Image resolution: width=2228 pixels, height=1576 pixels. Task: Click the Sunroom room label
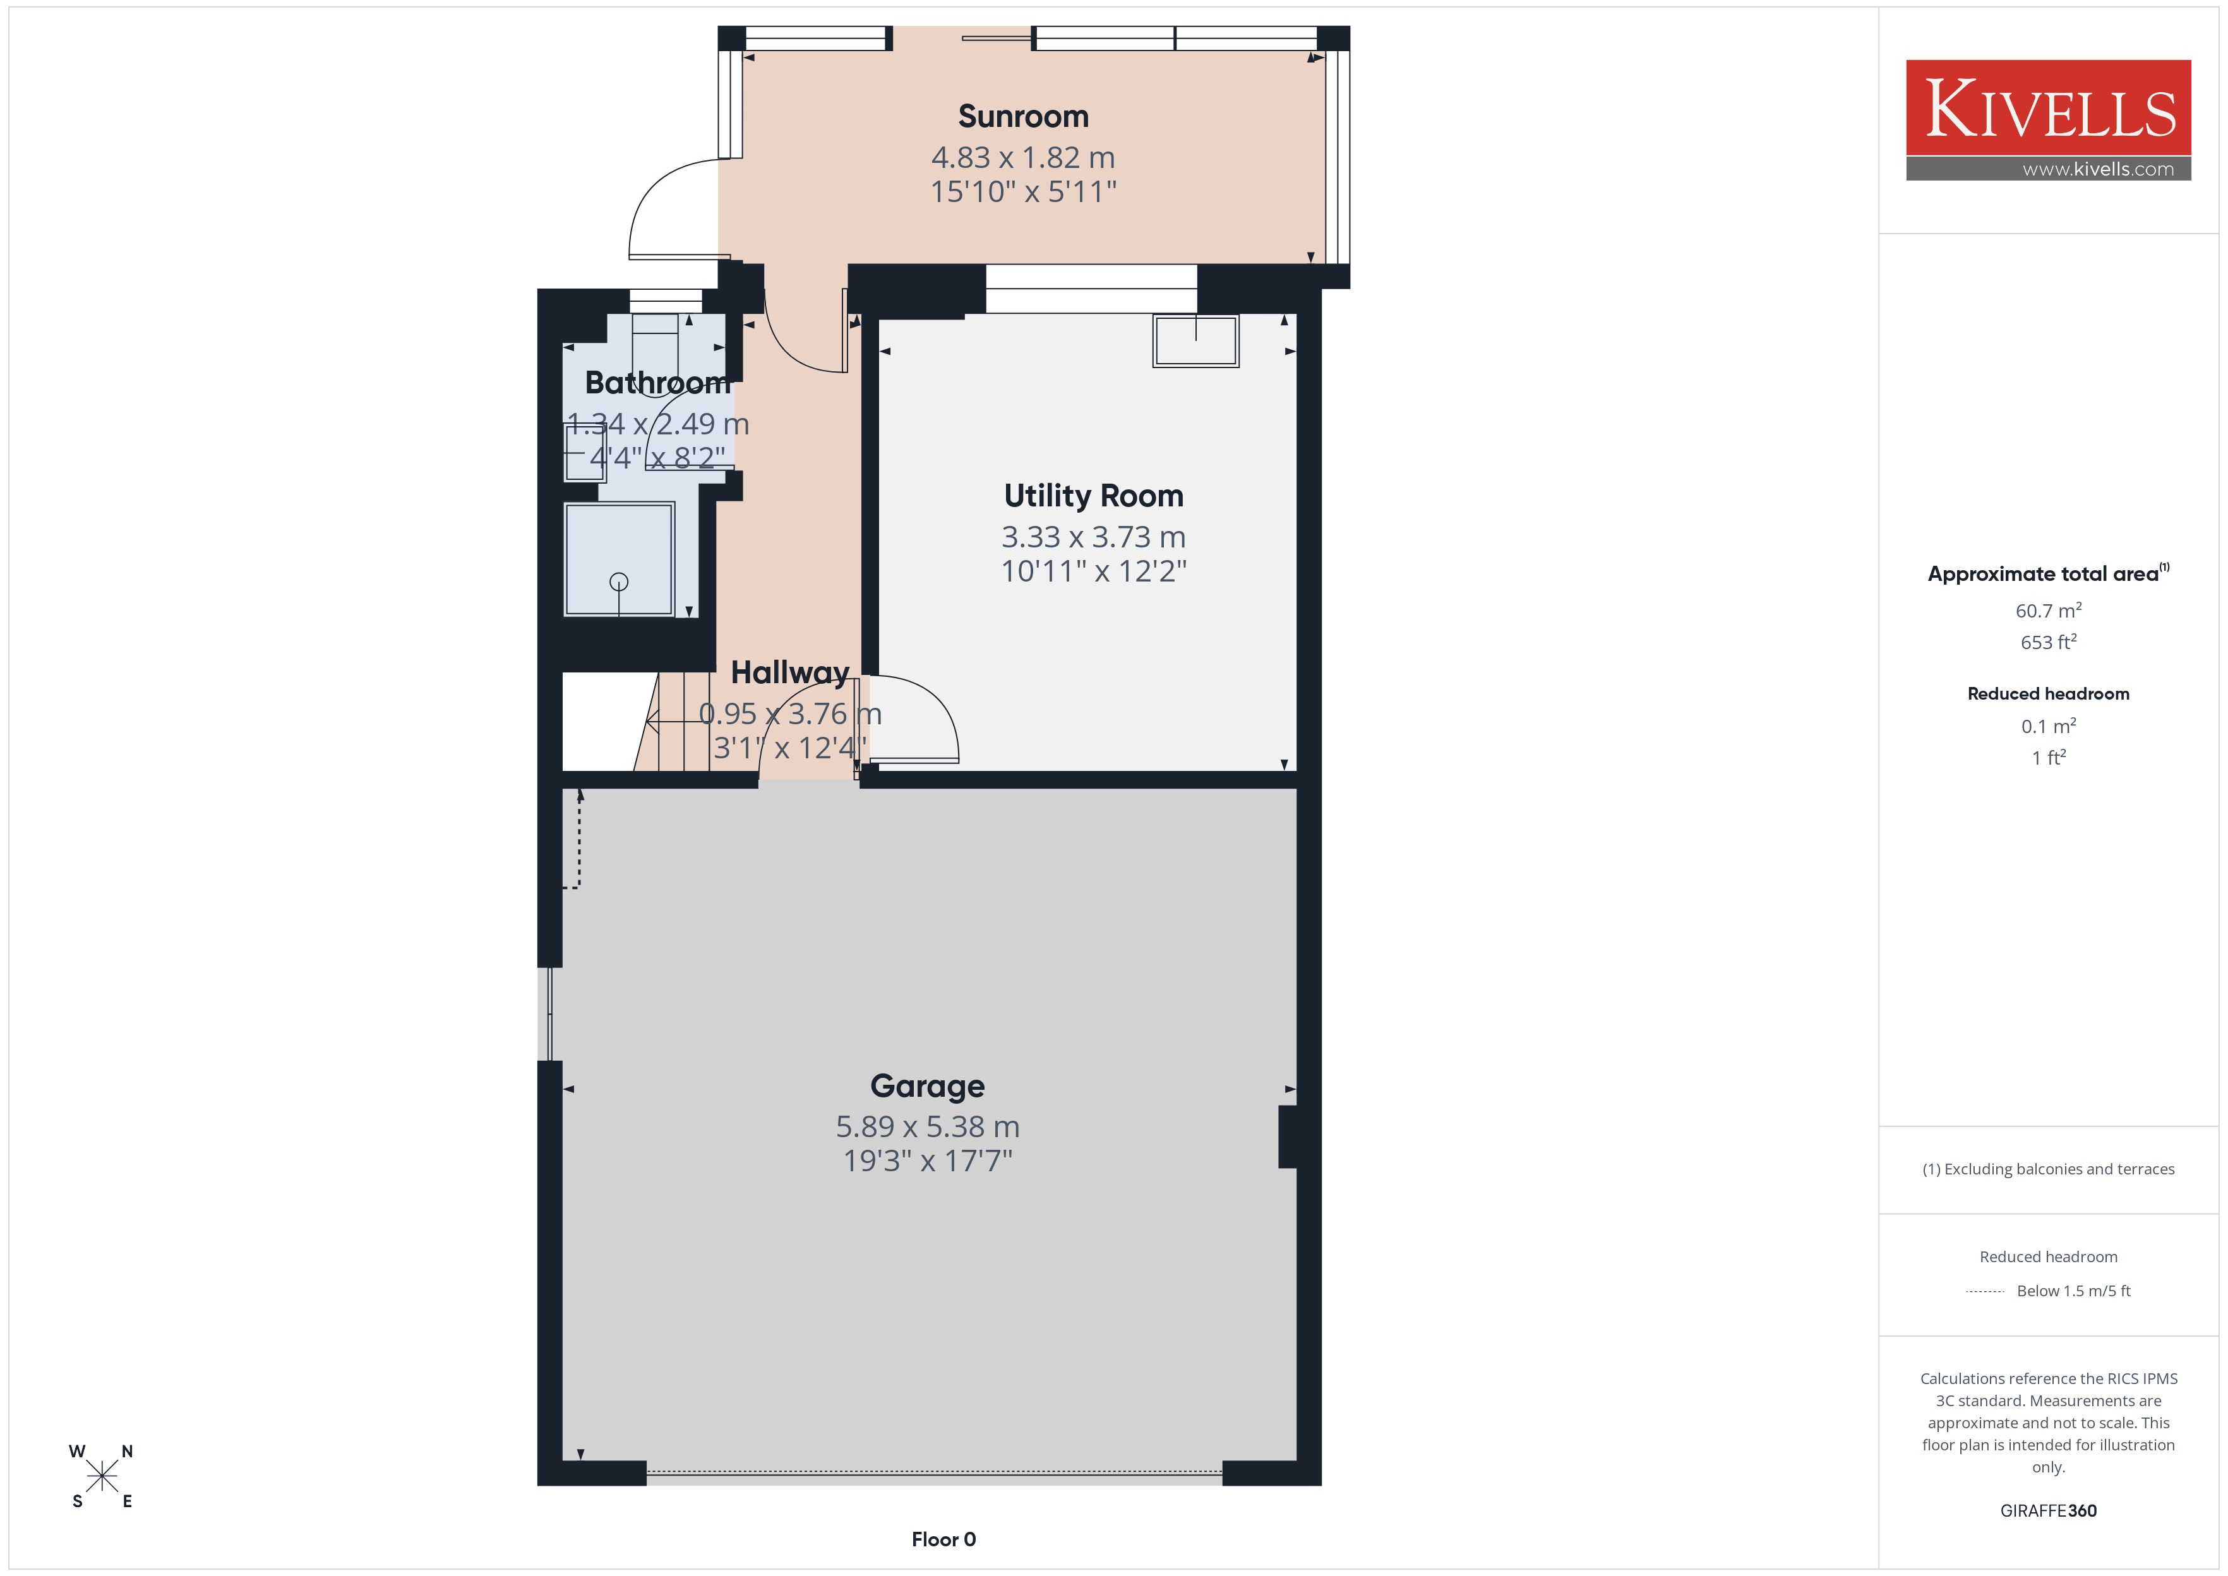[x=1023, y=116]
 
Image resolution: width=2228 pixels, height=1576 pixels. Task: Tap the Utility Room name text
[x=1094, y=496]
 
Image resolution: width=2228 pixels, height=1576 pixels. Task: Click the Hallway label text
[x=790, y=672]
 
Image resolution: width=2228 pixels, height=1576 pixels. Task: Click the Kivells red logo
[x=2049, y=108]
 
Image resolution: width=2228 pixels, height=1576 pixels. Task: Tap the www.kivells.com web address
[x=2098, y=169]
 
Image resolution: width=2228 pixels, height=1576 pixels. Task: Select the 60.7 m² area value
[x=2049, y=611]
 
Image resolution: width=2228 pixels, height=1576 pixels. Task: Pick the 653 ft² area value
[x=2049, y=642]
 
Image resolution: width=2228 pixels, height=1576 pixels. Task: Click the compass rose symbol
[x=101, y=1476]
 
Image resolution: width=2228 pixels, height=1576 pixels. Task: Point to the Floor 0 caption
[x=943, y=1539]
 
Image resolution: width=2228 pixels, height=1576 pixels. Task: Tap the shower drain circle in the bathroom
[x=619, y=582]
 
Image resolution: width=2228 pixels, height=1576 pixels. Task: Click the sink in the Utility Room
[x=1195, y=340]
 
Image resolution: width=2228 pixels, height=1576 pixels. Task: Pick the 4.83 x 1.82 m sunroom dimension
[x=1023, y=157]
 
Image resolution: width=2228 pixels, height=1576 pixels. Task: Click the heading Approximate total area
[x=2043, y=573]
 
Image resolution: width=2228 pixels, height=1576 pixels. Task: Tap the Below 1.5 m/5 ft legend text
[x=2074, y=1291]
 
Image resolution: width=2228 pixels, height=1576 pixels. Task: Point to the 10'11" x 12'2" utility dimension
[x=1094, y=571]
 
